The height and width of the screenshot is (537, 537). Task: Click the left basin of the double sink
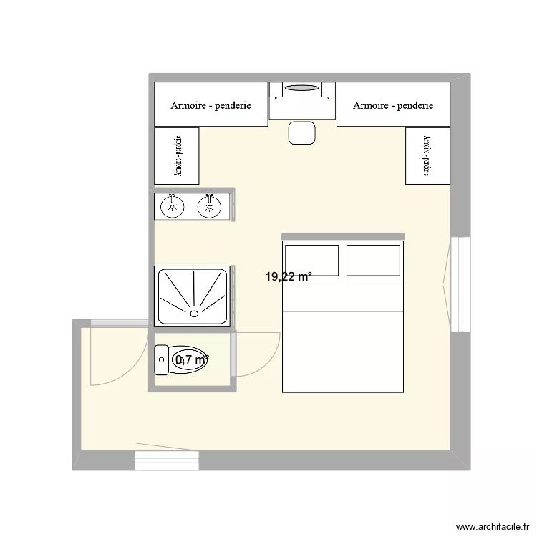pos(171,208)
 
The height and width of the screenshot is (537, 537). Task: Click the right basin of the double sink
pos(209,208)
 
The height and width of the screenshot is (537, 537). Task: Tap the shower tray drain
pos(194,313)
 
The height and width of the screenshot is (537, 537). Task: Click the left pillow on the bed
pos(311,261)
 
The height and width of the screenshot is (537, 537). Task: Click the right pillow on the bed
pos(372,261)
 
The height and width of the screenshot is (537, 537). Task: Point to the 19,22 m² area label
pos(289,276)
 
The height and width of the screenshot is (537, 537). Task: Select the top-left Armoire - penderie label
pos(211,105)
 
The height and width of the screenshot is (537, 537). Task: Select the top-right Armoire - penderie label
pos(393,105)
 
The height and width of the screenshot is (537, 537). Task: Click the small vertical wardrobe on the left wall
pos(177,156)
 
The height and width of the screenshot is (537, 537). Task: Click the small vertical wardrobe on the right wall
pos(427,156)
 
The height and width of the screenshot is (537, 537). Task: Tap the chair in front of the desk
pos(301,132)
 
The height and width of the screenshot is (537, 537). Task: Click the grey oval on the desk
pos(301,88)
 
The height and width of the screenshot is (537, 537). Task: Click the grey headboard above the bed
pos(343,236)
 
